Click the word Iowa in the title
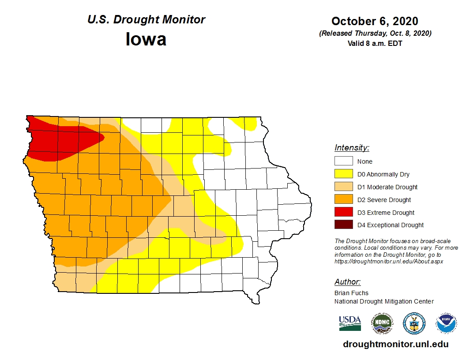146,39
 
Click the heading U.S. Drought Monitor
146,20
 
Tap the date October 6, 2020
375,21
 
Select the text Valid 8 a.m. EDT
375,43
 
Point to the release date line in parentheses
375,34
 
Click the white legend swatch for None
343,161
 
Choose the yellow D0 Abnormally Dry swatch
343,174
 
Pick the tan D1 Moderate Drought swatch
343,187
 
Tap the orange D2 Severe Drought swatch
343,200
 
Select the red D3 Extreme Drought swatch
343,213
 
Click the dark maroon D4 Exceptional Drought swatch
343,225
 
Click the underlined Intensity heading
352,148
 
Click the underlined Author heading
347,282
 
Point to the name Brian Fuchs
351,293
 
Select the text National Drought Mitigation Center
384,301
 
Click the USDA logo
350,323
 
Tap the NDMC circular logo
382,323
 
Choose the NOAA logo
446,323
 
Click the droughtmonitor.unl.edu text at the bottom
395,345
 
